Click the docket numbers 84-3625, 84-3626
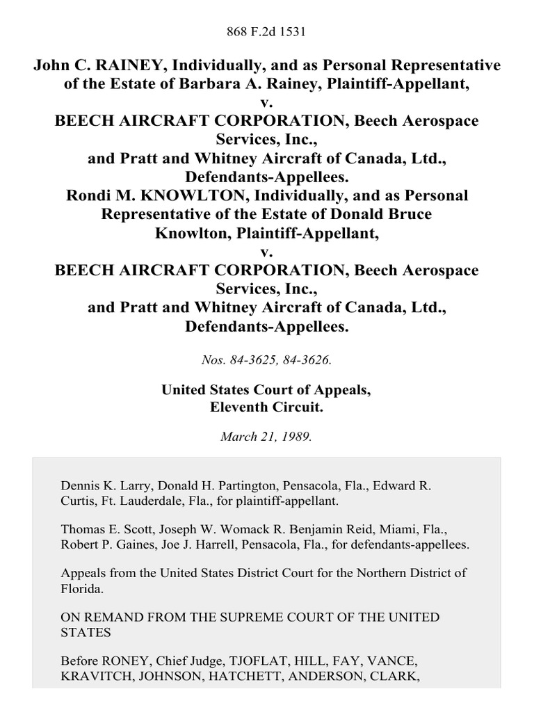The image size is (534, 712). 266,360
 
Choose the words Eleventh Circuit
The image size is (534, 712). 266,408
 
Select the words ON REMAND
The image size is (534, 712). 98,617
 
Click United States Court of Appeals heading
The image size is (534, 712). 266,391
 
